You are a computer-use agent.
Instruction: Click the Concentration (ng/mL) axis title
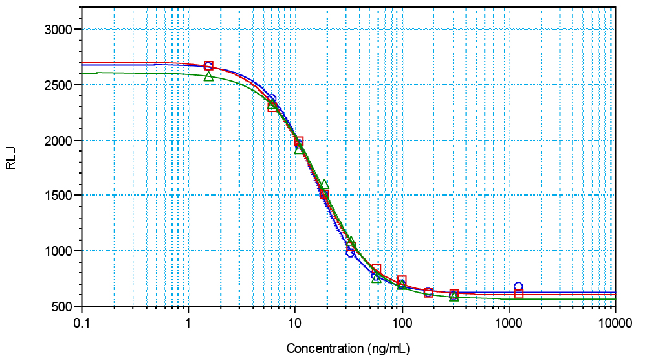pos(348,349)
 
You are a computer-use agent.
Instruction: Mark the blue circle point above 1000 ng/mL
pos(518,286)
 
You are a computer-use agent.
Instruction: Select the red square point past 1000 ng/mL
pos(519,294)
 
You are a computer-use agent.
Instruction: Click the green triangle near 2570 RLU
pos(208,76)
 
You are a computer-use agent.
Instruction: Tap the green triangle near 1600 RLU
pos(324,185)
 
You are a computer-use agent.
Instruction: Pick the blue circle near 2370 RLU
pos(272,99)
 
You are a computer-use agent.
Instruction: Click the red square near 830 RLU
pos(377,269)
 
